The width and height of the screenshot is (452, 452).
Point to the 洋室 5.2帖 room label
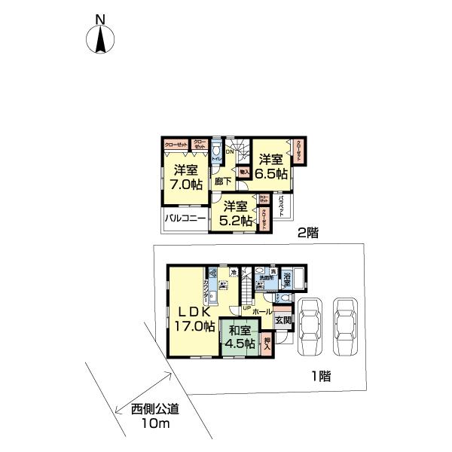[x=234, y=213]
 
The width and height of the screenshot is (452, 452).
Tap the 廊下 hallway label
[x=223, y=181]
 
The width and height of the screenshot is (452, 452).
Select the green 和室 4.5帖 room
[x=239, y=334]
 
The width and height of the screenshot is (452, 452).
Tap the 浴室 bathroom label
[x=287, y=279]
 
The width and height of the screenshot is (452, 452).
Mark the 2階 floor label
[x=307, y=234]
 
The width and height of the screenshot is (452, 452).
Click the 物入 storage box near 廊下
[x=243, y=172]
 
